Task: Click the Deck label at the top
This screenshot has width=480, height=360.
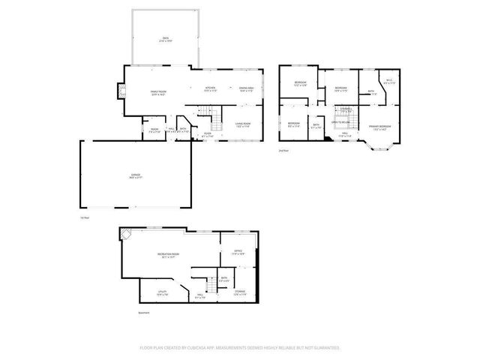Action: click(x=165, y=37)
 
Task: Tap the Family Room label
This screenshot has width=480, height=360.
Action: click(x=157, y=91)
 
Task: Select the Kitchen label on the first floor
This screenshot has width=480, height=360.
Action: click(x=211, y=88)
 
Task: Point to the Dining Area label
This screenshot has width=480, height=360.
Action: click(x=245, y=88)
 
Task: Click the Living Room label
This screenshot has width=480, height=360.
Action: click(x=242, y=124)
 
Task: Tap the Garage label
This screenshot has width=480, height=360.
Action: click(x=135, y=175)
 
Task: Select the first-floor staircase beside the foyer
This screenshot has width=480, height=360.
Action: click(x=214, y=117)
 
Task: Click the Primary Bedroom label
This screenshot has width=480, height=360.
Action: click(x=379, y=127)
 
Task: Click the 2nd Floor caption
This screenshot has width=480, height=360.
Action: click(x=283, y=151)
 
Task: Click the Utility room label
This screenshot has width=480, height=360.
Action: click(x=162, y=291)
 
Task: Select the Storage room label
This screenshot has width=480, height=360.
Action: click(x=239, y=292)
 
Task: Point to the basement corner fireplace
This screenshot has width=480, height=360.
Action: click(x=126, y=234)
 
